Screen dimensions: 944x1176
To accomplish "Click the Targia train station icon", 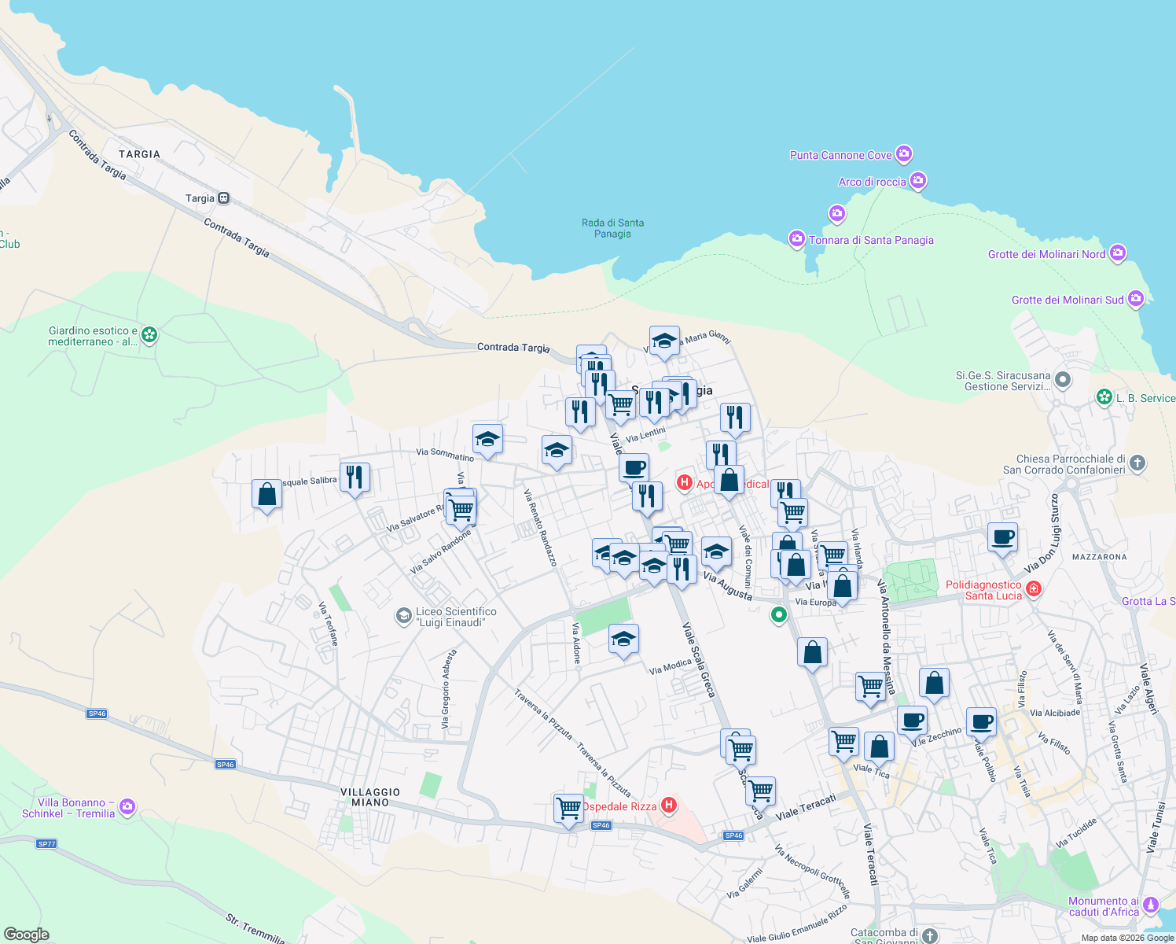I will click(224, 198).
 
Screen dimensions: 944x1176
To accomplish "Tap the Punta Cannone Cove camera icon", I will click(904, 154).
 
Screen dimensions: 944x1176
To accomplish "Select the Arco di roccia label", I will click(872, 182).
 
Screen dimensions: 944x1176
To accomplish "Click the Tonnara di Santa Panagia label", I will click(871, 240).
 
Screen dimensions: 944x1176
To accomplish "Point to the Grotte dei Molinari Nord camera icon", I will click(1118, 253).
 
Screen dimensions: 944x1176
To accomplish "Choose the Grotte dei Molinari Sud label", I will click(1067, 300).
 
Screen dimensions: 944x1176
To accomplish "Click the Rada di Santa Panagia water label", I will click(612, 228).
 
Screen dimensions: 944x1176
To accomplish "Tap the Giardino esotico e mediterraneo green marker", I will click(149, 335).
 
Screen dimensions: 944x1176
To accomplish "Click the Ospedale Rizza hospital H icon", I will click(669, 805).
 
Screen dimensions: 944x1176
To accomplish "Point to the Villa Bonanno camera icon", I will click(127, 806).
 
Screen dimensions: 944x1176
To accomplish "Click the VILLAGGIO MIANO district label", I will click(370, 797).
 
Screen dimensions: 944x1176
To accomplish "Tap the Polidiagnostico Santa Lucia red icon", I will click(1034, 588).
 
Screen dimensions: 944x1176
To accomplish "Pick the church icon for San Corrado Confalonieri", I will click(1137, 463).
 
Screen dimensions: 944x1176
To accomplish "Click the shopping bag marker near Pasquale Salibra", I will click(266, 494).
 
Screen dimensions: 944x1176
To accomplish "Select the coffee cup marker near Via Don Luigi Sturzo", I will click(1002, 538).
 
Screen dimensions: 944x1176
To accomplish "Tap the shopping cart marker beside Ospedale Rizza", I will click(568, 808).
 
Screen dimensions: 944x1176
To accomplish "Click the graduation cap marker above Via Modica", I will click(623, 639).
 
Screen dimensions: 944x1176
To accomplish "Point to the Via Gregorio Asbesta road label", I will click(448, 688).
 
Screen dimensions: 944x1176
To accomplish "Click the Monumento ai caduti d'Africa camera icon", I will click(1151, 905).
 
